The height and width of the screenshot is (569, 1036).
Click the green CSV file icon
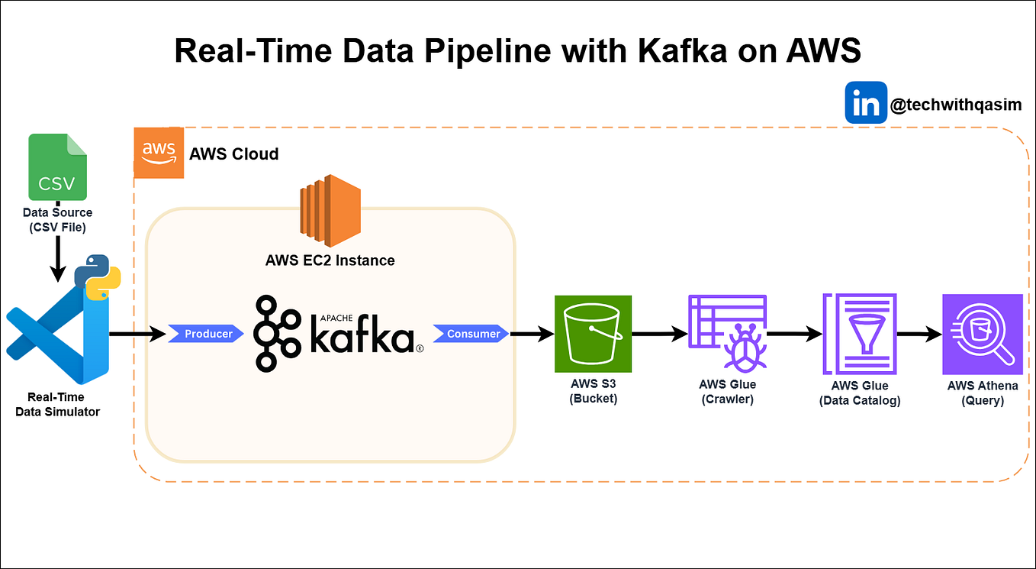(x=57, y=166)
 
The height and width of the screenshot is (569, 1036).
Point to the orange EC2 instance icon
(x=330, y=205)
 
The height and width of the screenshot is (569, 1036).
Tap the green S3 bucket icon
(x=594, y=333)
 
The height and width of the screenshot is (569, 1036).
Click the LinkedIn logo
(x=866, y=102)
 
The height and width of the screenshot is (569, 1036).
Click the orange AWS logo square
(x=159, y=153)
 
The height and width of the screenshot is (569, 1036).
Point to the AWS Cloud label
(x=234, y=154)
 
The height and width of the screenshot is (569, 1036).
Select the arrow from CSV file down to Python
(x=58, y=260)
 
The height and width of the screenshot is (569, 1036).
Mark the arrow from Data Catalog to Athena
(x=919, y=334)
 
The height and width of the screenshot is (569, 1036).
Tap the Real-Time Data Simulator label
(x=57, y=404)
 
